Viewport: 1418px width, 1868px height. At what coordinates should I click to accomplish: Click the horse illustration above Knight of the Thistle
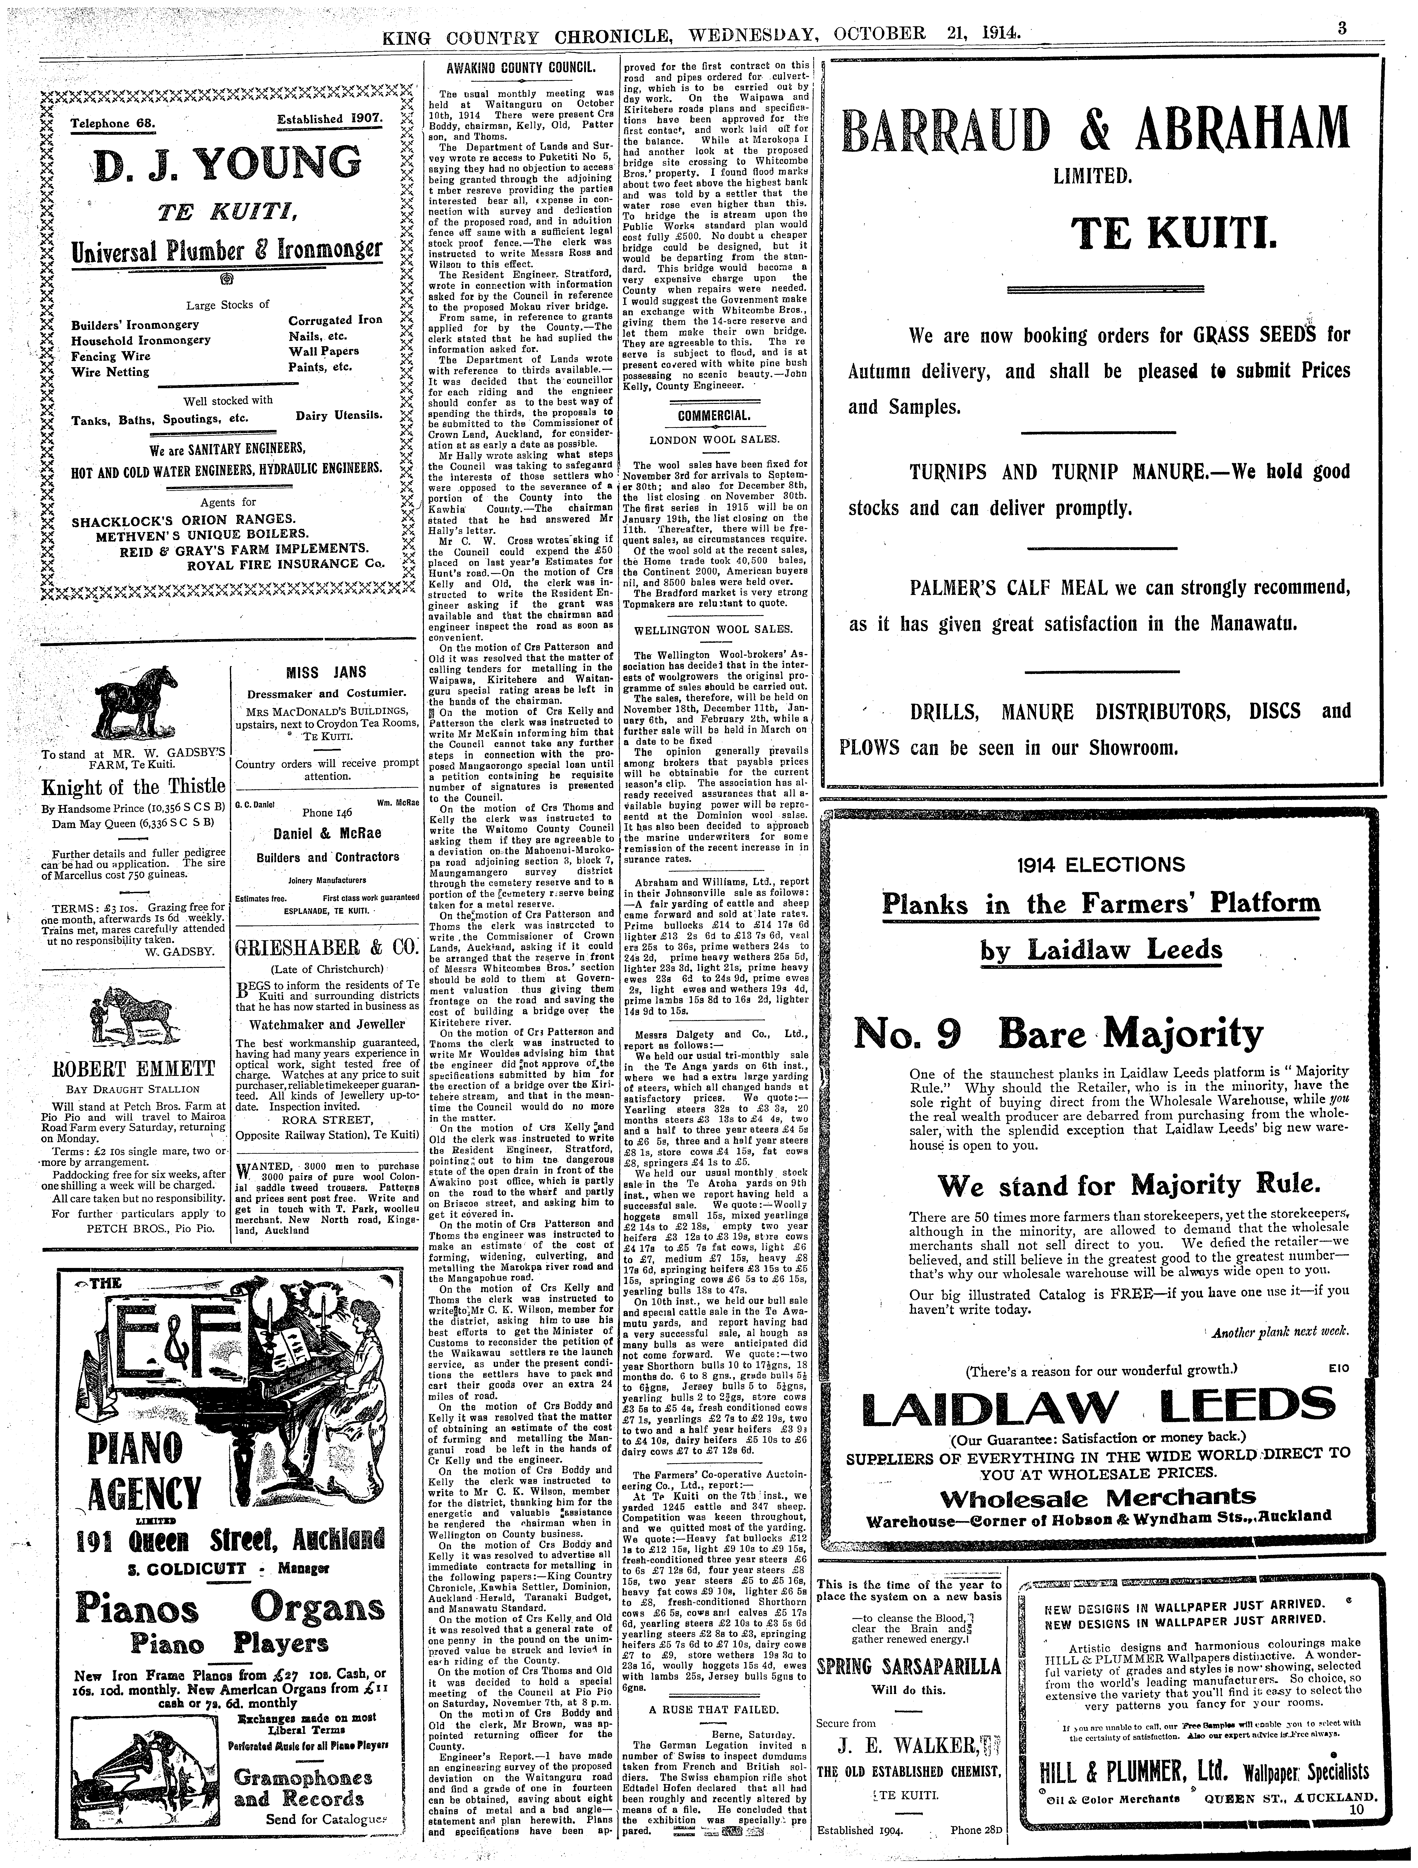coord(135,697)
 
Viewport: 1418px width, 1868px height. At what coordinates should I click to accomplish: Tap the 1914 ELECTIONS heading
coord(1101,865)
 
